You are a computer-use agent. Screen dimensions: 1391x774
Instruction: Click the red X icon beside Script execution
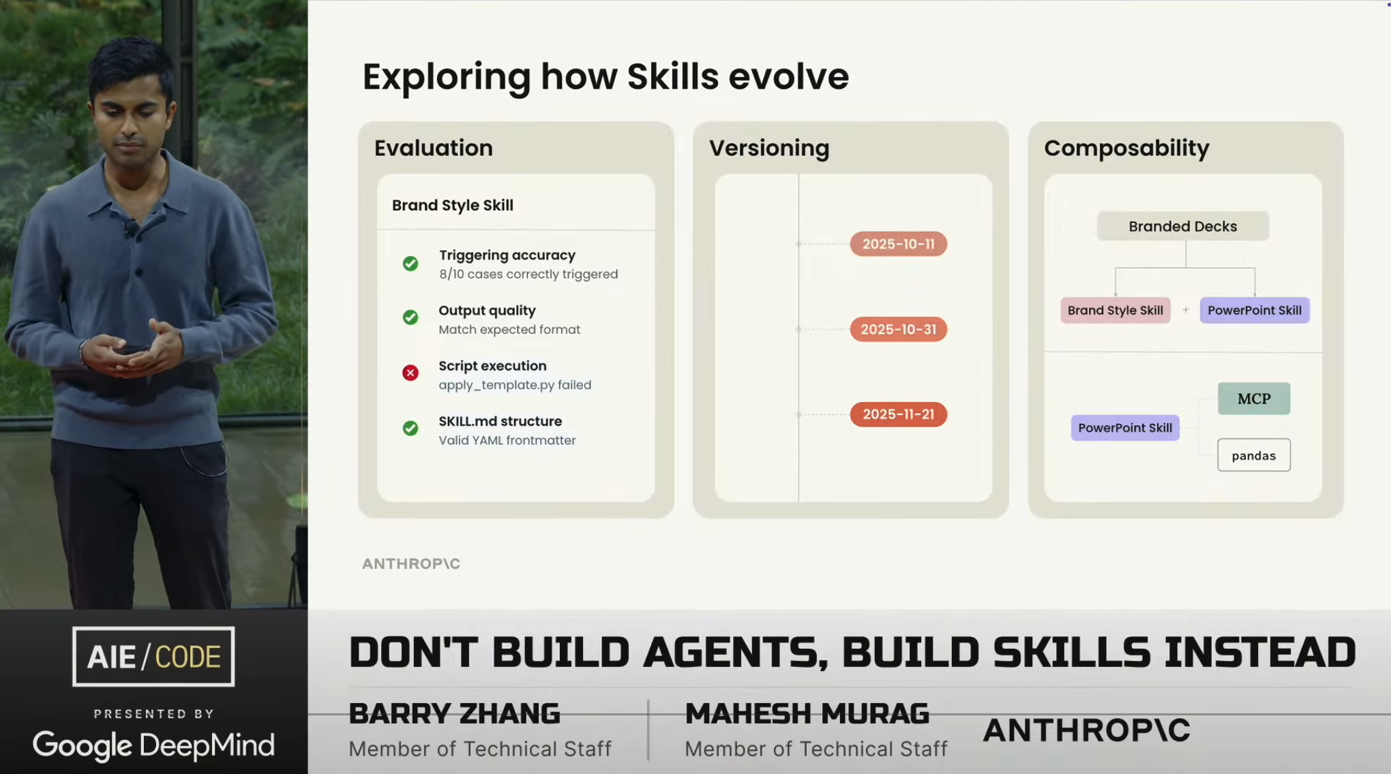[410, 373]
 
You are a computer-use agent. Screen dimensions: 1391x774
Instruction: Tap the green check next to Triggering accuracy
[410, 263]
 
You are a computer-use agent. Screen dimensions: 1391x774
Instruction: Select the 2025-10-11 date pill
[898, 244]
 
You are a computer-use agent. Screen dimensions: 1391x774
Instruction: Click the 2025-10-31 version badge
[898, 329]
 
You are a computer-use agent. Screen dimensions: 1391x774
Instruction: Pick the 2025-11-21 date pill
[898, 414]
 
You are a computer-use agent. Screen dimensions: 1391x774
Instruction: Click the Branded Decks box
[1183, 226]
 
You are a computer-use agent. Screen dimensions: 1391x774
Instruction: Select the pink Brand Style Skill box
[1116, 310]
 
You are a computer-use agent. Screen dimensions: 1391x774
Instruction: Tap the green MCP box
[1254, 399]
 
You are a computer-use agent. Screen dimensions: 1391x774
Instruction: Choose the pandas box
[1254, 455]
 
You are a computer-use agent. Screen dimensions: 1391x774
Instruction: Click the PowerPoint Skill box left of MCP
[1125, 428]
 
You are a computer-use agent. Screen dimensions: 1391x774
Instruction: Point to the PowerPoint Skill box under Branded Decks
[1255, 310]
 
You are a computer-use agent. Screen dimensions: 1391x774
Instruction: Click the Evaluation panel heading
[434, 148]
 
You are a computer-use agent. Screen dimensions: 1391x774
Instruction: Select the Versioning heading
[769, 148]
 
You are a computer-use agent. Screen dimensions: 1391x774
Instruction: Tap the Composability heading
[1126, 148]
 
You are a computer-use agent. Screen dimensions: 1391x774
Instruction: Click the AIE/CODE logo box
[153, 656]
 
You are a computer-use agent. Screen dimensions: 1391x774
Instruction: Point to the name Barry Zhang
[454, 713]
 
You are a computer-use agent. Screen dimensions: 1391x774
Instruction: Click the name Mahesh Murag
[807, 713]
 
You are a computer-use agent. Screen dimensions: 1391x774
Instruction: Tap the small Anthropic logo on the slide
[411, 563]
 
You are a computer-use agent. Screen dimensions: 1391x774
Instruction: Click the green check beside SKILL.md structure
[410, 428]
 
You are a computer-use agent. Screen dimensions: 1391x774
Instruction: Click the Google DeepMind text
[153, 745]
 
